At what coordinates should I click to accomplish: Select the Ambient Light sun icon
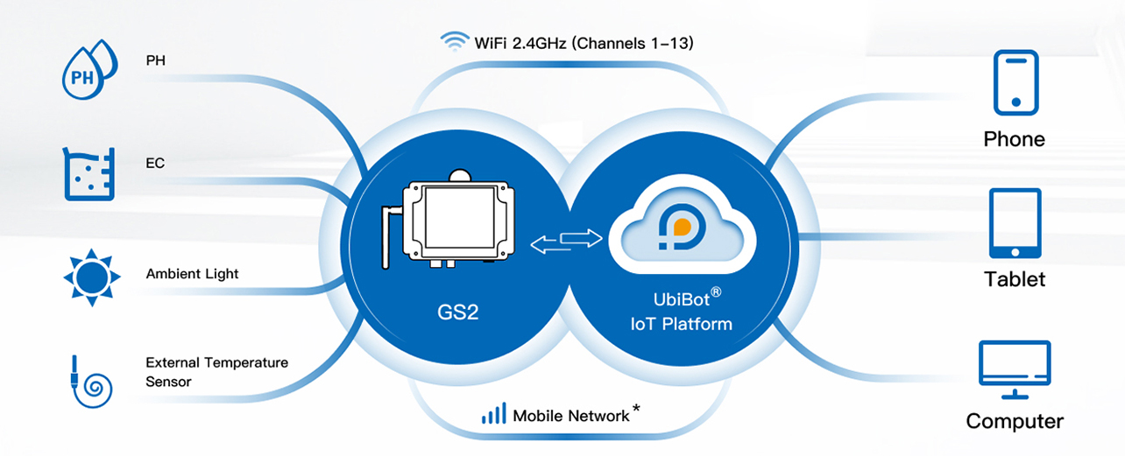point(90,277)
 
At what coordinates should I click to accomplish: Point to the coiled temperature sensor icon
point(90,380)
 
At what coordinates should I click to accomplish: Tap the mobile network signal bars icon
point(494,414)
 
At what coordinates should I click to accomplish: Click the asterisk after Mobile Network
point(636,409)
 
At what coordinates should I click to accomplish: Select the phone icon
point(1015,83)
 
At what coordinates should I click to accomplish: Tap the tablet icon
point(1015,223)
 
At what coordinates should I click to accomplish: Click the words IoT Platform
point(681,324)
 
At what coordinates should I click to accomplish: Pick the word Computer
point(1015,421)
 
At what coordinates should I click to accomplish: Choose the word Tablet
point(1015,279)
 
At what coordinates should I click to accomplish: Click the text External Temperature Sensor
point(216,372)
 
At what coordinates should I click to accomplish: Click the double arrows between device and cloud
point(568,241)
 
